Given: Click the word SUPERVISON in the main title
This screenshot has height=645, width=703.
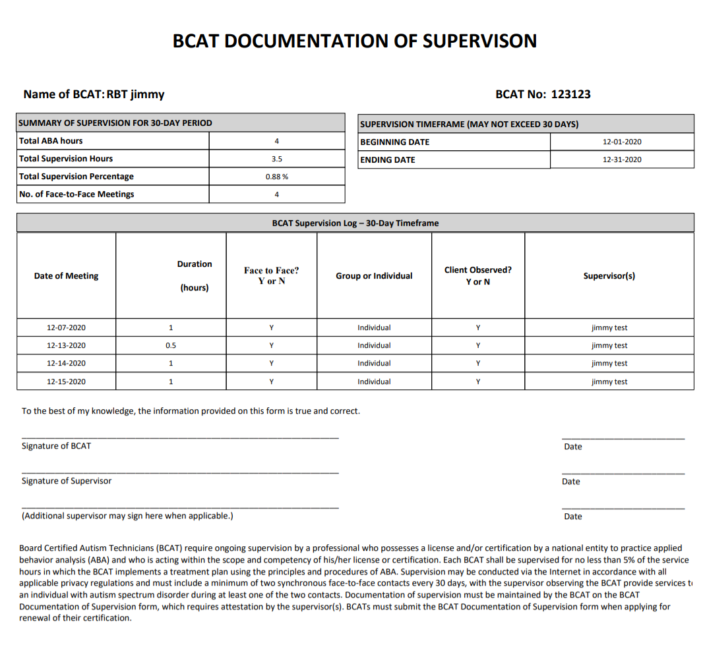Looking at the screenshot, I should coord(479,41).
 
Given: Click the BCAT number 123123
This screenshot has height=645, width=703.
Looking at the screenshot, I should coord(570,94).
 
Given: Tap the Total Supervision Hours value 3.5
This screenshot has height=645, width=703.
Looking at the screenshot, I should coord(276,159).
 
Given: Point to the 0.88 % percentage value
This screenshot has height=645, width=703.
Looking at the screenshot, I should coord(276,177).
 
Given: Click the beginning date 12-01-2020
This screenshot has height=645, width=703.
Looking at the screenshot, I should coord(621,142).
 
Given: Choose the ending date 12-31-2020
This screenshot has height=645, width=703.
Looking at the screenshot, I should coord(621,159).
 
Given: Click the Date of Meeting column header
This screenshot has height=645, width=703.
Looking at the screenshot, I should coord(66,276).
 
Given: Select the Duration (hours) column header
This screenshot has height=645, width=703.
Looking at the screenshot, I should coord(195,275).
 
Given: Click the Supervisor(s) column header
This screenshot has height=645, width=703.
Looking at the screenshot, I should coord(609,276).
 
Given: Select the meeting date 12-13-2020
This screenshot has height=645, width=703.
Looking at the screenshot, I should coord(66,345).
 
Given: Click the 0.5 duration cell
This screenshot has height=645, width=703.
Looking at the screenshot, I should coord(171,345).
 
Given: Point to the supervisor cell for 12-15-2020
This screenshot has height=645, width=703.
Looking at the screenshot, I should coord(609,381).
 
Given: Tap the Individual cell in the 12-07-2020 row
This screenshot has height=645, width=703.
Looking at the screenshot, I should coord(374,327).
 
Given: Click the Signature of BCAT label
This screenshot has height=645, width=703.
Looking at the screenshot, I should coord(56,446).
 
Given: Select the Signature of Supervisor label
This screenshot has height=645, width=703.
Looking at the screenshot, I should coord(66,481).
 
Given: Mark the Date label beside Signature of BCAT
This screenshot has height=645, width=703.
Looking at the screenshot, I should coord(572,447).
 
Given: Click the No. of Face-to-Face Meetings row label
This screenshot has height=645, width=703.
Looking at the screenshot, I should coord(76,194).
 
